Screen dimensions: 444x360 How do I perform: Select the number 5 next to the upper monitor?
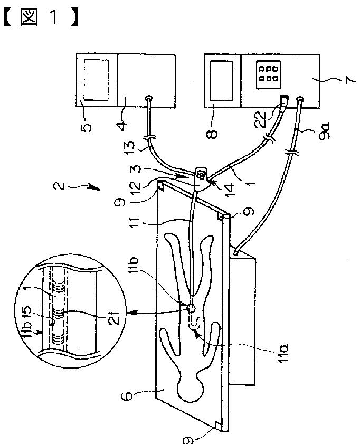coord(87,126)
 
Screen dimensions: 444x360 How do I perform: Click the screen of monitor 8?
coord(222,79)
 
